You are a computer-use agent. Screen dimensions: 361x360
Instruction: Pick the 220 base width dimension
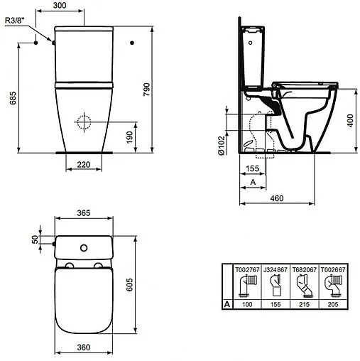(x=84, y=164)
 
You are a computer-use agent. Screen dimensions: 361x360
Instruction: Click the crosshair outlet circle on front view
(x=84, y=121)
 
